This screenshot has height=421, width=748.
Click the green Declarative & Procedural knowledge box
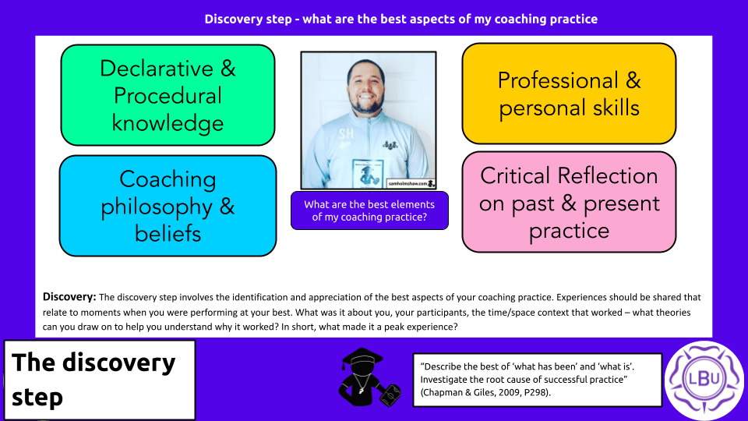coord(168,95)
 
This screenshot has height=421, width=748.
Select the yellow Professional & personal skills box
coord(569,94)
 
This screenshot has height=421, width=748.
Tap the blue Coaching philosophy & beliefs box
coord(168,206)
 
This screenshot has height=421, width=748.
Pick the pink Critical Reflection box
coord(569,202)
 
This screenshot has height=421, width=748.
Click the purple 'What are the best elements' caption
coord(369,210)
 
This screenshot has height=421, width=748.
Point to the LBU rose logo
coord(704,380)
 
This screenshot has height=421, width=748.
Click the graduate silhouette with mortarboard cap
coord(368,377)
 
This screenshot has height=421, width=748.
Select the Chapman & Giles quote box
coord(538,380)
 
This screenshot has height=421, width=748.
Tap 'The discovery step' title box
coord(100,380)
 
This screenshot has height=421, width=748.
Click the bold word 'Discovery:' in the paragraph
coord(69,297)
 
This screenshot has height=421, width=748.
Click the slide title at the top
coord(400,19)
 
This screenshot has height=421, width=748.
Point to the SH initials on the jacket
coord(346,134)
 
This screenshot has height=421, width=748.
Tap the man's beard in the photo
coord(366,104)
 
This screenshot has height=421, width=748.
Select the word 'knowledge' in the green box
coord(168,123)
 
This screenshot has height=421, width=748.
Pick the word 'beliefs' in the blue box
coord(168,233)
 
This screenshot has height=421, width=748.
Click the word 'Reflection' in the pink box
coord(606,175)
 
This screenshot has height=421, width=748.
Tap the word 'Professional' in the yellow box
coord(558,80)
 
